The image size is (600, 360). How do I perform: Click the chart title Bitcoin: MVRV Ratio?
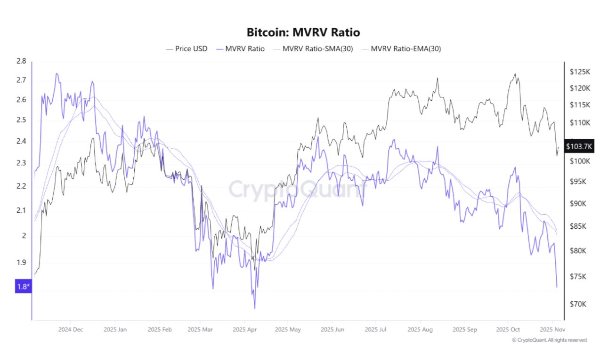click(x=303, y=32)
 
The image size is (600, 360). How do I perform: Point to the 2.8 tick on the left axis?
click(x=21, y=61)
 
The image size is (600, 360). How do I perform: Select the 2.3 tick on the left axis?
click(x=21, y=163)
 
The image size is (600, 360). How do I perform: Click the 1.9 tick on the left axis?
click(x=21, y=263)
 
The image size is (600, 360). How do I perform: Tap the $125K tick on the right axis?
click(x=580, y=72)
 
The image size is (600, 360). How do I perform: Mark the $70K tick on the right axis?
click(x=578, y=304)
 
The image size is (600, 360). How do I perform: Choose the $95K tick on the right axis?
click(x=578, y=182)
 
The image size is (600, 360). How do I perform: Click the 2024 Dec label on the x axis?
click(x=71, y=329)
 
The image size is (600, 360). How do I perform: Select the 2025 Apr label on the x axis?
click(x=243, y=329)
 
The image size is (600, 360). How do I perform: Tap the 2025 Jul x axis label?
click(x=375, y=329)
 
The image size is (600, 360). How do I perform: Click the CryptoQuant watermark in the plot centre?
click(x=297, y=189)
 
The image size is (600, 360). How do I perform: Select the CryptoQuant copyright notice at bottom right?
click(x=549, y=340)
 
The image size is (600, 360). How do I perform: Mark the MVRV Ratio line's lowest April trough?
click(x=255, y=308)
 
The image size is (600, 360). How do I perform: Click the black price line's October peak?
click(x=515, y=74)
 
